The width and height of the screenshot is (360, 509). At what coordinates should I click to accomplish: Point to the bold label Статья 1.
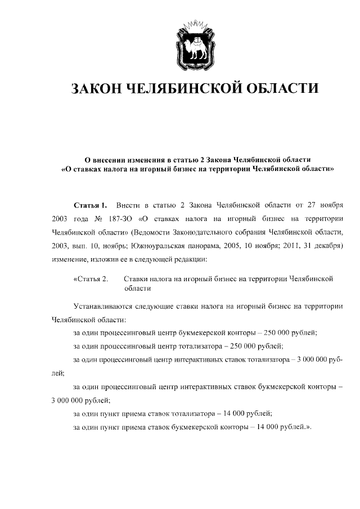[x=90, y=204]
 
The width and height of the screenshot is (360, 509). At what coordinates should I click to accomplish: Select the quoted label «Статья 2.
[x=90, y=278]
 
